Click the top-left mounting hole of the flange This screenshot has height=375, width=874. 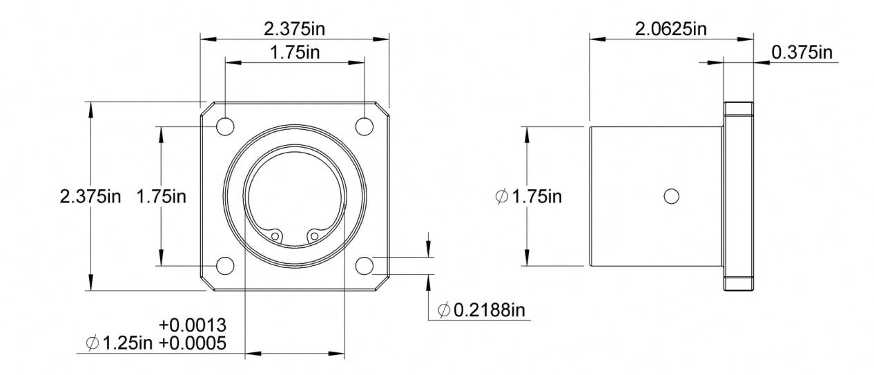225,127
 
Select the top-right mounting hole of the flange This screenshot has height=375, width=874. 365,127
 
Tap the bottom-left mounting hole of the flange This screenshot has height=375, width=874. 225,266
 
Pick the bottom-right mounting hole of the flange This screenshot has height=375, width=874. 365,266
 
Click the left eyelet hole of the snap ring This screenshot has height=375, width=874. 275,236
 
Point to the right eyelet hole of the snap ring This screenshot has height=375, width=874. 314,236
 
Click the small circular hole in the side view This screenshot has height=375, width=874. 672,196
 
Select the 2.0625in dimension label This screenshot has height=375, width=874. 671,29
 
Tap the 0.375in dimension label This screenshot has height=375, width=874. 802,52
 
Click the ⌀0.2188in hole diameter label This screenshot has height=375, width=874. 481,310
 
